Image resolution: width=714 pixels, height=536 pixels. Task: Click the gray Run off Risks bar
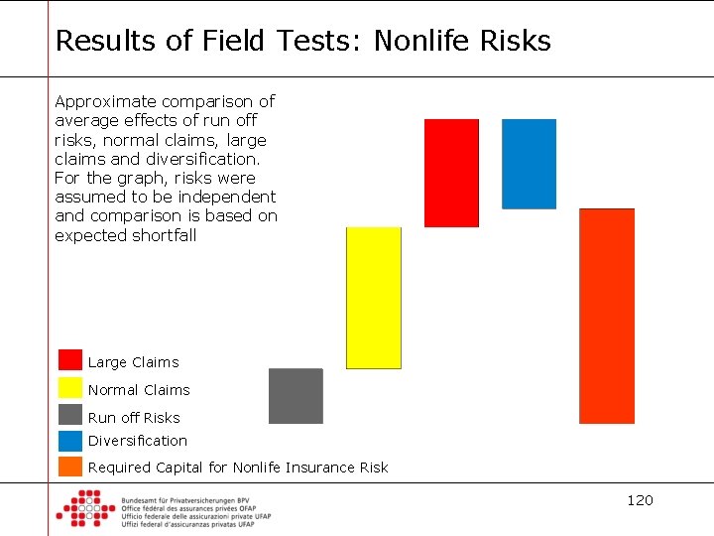tap(296, 396)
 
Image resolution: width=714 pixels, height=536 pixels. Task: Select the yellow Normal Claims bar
tap(373, 298)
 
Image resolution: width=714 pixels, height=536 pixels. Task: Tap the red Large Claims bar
tap(451, 173)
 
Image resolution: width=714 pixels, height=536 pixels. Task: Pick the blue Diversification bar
tap(529, 164)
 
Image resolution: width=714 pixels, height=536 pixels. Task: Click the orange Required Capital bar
tap(607, 316)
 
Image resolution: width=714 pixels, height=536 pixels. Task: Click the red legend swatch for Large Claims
tap(70, 359)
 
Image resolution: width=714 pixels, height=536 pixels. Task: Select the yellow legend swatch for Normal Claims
tap(70, 387)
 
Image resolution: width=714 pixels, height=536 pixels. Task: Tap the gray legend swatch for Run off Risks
tap(70, 415)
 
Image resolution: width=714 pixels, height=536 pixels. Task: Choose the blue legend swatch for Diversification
tap(70, 441)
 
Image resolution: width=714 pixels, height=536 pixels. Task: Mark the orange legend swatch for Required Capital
tap(70, 467)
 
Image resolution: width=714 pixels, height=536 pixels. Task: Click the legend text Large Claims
tap(134, 362)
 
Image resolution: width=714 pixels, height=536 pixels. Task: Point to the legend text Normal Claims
tap(139, 390)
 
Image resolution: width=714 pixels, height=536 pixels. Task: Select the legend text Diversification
tap(138, 441)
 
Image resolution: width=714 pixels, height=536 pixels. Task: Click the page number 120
tap(640, 500)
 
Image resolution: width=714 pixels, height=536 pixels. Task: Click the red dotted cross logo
tap(85, 508)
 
